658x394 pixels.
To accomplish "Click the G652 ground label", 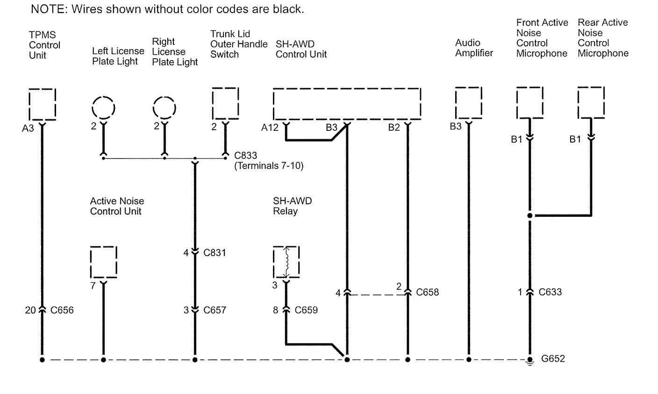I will coord(553,359).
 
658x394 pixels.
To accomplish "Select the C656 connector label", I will coord(62,310).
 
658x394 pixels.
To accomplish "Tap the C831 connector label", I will coord(215,253).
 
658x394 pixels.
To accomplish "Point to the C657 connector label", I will coord(215,310).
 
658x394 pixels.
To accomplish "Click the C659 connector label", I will coord(306,310).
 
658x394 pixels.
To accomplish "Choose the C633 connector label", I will coord(550,293).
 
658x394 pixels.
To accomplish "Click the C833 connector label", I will coord(246,156).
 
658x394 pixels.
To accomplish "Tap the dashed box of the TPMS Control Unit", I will coord(42,104).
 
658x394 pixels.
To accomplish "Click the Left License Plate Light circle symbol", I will coord(103,107).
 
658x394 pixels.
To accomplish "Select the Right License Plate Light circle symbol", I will coord(164,107).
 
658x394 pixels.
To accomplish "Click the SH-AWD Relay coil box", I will coord(286,262).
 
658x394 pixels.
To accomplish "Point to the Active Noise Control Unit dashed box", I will coord(103,262).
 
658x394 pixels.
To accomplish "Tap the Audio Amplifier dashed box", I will coord(469,103).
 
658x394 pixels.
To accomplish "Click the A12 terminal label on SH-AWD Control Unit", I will coord(270,127).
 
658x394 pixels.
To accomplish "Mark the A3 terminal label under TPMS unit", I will coord(28,128).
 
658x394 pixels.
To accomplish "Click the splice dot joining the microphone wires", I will coord(530,216).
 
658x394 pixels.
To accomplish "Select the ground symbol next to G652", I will coord(530,361).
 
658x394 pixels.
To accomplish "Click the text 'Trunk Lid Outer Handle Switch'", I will coord(238,44).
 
